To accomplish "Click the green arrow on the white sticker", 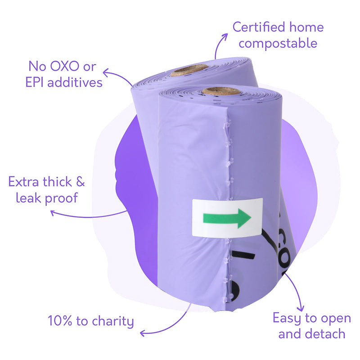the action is (227, 218).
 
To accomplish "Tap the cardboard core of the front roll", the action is (221, 91).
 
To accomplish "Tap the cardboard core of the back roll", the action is (189, 70).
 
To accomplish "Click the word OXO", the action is (64, 67).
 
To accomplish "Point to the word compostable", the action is (278, 44).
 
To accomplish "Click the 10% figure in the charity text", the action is (60, 321).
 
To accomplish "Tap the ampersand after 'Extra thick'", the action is (81, 182).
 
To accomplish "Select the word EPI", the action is (35, 82).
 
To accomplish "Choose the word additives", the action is (75, 82).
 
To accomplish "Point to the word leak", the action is (28, 198).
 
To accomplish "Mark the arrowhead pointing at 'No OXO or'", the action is (106, 73).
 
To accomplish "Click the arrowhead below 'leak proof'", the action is (53, 213).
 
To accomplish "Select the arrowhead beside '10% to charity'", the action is (143, 333).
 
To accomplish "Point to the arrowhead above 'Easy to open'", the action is (301, 308).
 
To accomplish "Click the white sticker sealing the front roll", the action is (227, 218).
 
